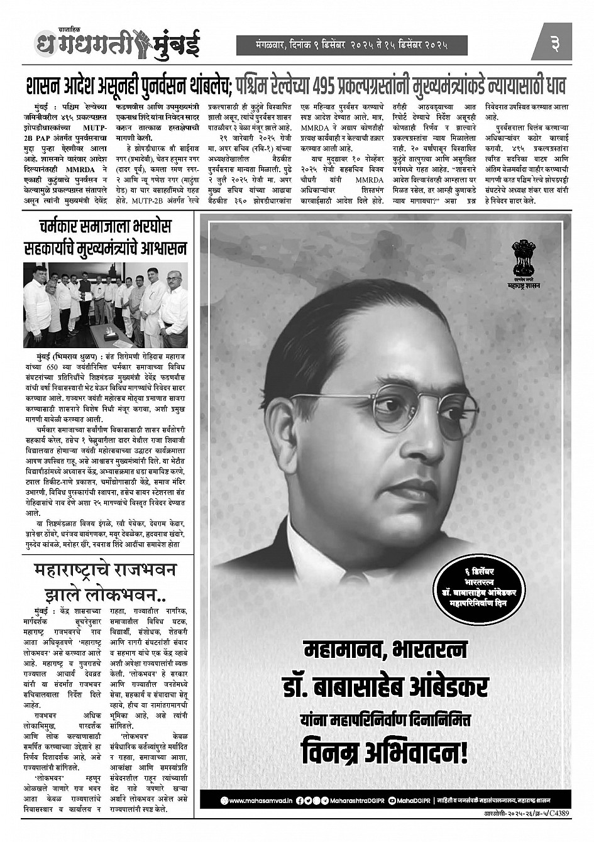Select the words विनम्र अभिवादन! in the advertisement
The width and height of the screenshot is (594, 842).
pyautogui.click(x=385, y=752)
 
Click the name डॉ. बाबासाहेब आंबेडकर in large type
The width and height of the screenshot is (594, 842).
pyautogui.click(x=385, y=686)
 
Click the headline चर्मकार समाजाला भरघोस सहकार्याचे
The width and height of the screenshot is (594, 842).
pyautogui.click(x=105, y=237)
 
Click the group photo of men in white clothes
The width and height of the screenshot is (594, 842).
pyautogui.click(x=105, y=305)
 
